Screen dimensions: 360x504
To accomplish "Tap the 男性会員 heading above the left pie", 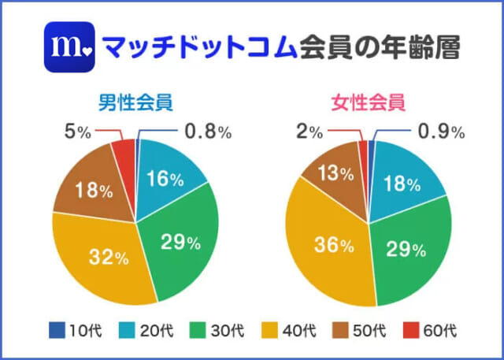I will [x=135, y=102].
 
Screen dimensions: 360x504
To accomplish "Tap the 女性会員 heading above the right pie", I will [x=368, y=102].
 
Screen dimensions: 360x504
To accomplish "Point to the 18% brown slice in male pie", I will [x=88, y=189].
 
